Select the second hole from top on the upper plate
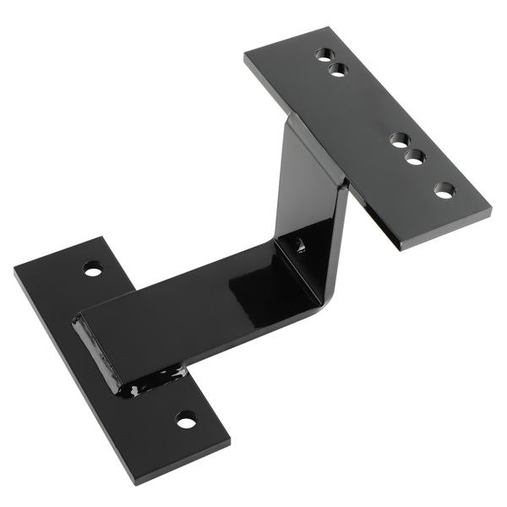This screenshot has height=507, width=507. tap(338, 69)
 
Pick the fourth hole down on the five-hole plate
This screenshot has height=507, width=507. tap(414, 156)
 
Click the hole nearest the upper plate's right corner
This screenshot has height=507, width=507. tap(444, 190)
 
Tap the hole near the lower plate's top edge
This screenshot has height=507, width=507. tap(93, 270)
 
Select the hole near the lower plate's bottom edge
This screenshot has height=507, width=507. tap(186, 418)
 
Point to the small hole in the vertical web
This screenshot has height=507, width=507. tap(299, 246)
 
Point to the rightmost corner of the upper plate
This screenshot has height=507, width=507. tap(491, 211)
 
